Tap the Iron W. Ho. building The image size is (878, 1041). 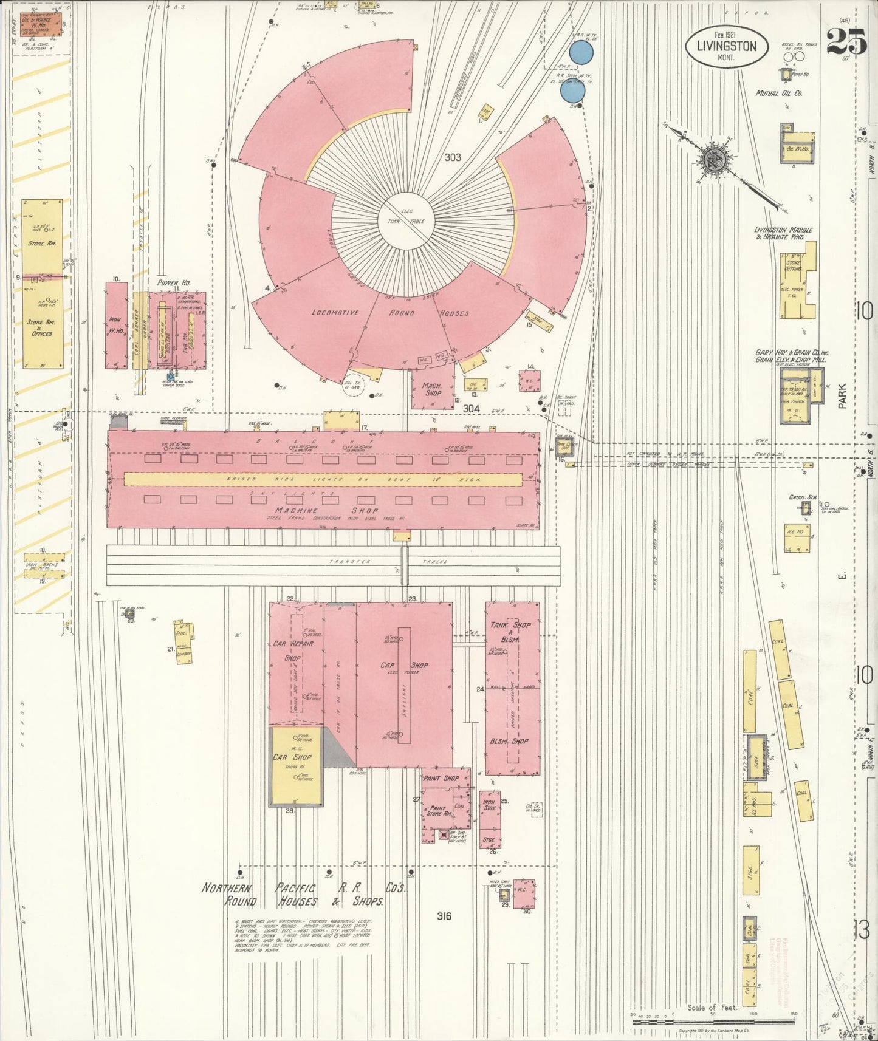coord(115,325)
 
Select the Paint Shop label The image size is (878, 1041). coord(441,778)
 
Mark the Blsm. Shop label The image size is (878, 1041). coord(509,742)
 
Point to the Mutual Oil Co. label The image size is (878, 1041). coord(779,94)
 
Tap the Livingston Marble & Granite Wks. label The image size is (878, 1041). coord(780,233)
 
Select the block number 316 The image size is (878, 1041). coord(444,916)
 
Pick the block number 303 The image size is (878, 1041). coord(453,157)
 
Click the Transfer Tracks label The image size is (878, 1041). coord(389,562)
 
